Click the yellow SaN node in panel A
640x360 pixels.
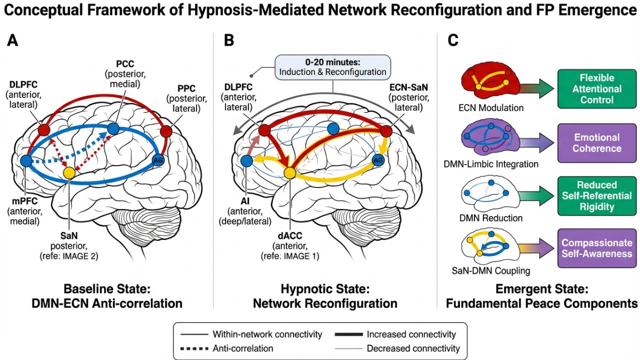[x=69, y=173]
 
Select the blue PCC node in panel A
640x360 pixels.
[x=113, y=128]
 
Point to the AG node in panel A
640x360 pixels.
[x=158, y=160]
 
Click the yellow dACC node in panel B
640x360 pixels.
[x=289, y=173]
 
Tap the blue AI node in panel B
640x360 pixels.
[x=246, y=160]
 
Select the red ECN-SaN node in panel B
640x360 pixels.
[x=386, y=131]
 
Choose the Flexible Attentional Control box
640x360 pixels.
[x=597, y=89]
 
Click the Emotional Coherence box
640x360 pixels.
[x=597, y=142]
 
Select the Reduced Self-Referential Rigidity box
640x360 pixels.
[x=597, y=195]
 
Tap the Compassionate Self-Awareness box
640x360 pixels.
[x=597, y=249]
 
